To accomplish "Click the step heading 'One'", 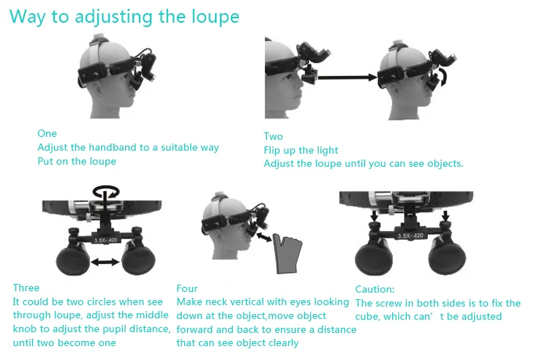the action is (47, 133).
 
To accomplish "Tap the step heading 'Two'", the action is (273, 136).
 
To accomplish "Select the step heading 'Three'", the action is (26, 288).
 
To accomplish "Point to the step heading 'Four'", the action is (187, 288).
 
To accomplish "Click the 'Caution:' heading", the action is (375, 289).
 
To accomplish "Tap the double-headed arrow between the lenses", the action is (106, 260).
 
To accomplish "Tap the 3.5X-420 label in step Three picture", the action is (108, 239).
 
